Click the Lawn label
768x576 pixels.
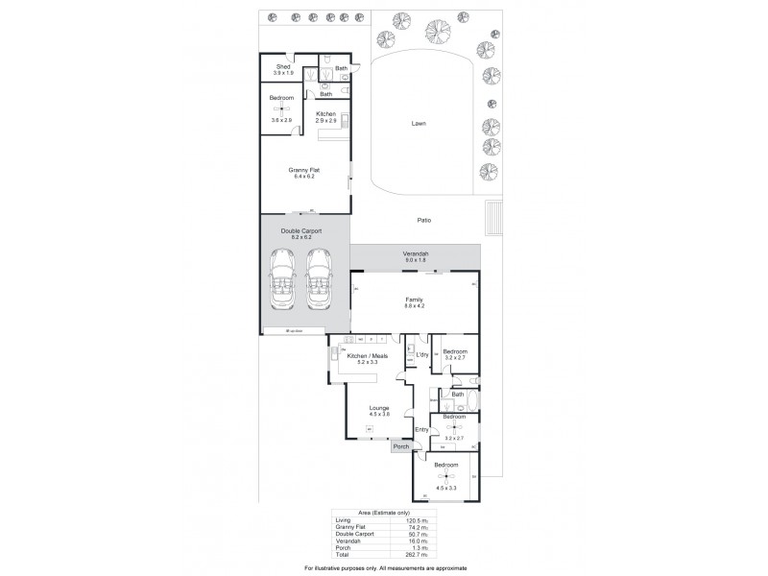pyautogui.click(x=418, y=123)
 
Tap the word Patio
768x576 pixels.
pyautogui.click(x=424, y=220)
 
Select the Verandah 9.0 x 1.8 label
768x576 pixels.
pyautogui.click(x=416, y=255)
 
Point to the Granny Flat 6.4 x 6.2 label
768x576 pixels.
pyautogui.click(x=304, y=173)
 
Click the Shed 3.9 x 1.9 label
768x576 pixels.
pyautogui.click(x=283, y=69)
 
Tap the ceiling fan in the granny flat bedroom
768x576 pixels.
pyautogui.click(x=282, y=108)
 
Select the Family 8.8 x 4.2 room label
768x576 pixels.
pyautogui.click(x=415, y=301)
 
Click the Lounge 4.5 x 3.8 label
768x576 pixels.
pyautogui.click(x=379, y=411)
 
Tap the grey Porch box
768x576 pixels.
pyautogui.click(x=400, y=445)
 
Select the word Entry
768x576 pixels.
pyautogui.click(x=420, y=429)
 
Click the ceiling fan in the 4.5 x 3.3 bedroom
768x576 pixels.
pyautogui.click(x=444, y=476)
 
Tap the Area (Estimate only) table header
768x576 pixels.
pyautogui.click(x=384, y=514)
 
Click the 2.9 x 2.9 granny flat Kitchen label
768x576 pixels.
pyautogui.click(x=326, y=117)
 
